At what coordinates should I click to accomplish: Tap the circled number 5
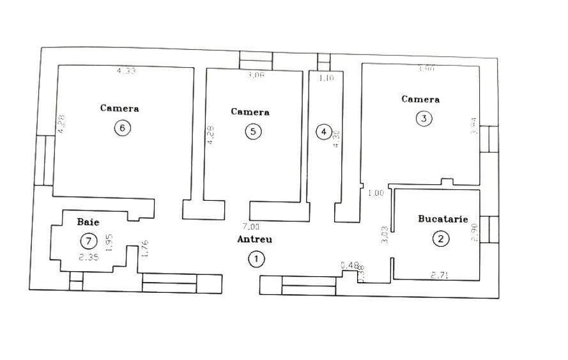tap(254, 132)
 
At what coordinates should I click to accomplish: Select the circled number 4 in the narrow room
tap(324, 132)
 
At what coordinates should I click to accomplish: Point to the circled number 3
tap(424, 118)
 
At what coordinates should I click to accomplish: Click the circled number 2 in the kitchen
tap(441, 239)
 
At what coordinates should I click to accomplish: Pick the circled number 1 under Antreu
tap(256, 258)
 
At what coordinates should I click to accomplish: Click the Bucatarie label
tap(443, 219)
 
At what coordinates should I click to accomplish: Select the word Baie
tap(88, 222)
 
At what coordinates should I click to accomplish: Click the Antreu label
tap(255, 239)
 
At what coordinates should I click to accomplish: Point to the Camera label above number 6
tap(119, 108)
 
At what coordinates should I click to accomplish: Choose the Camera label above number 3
tap(420, 99)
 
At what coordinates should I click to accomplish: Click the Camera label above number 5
tap(250, 112)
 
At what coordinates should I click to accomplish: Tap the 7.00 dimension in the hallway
tap(250, 226)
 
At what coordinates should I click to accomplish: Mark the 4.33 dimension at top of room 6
tap(126, 71)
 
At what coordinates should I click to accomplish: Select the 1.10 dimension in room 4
tap(326, 78)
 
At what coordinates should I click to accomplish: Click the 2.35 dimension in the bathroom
tap(88, 258)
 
